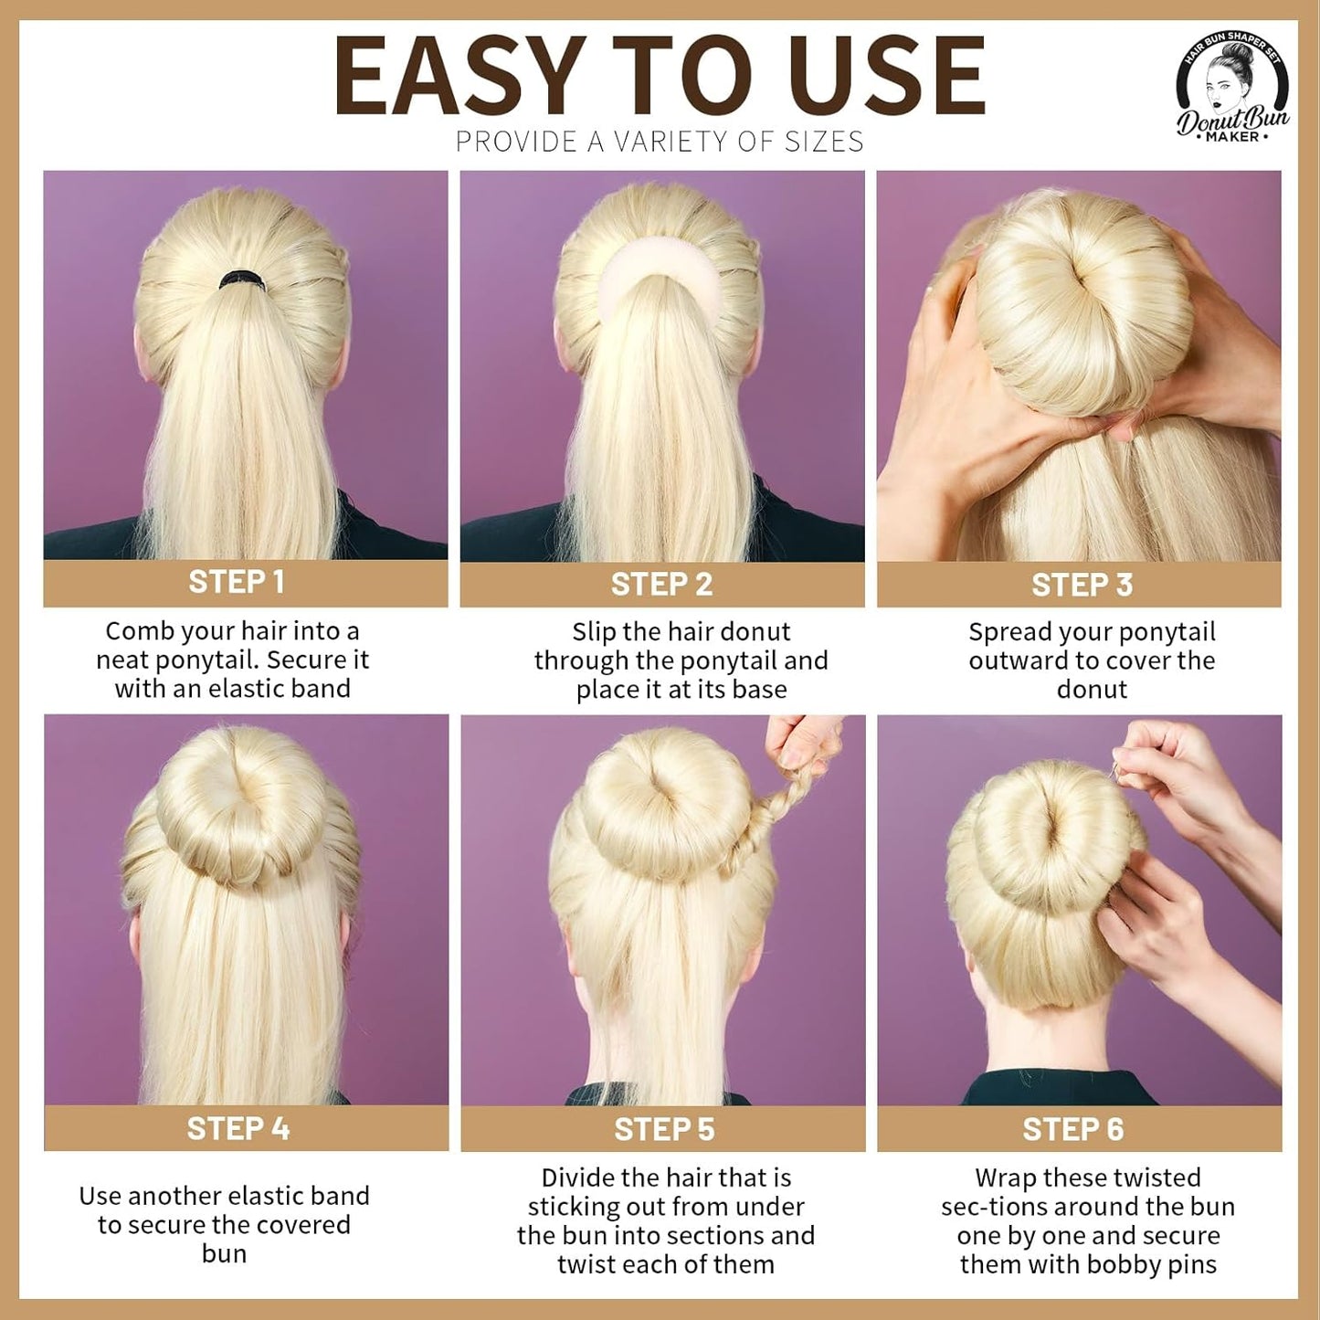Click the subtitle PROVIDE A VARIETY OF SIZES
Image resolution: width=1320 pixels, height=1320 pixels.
tap(660, 142)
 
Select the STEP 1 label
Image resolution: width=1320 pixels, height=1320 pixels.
tap(237, 582)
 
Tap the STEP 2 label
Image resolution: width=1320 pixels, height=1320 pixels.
tap(661, 585)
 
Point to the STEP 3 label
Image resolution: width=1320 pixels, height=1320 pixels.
tap(1082, 585)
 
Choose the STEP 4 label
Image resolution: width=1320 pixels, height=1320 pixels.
tap(238, 1129)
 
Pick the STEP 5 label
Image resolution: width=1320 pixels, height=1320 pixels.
tap(664, 1130)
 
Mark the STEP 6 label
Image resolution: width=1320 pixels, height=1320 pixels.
tap(1073, 1130)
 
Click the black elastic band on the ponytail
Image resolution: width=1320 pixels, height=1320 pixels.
tap(241, 280)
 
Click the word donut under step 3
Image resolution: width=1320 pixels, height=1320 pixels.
tap(1092, 689)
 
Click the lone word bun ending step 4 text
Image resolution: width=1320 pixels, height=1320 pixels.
tap(224, 1253)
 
